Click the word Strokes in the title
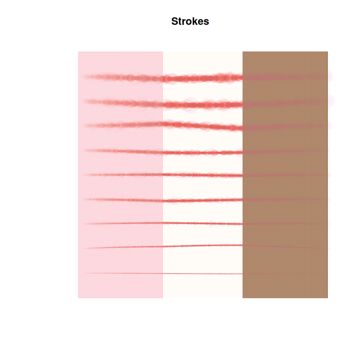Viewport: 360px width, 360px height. click(x=190, y=21)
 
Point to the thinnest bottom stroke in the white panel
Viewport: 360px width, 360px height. click(x=203, y=274)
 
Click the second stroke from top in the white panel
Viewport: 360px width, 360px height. click(x=203, y=105)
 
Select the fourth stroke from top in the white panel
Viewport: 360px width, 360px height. click(x=203, y=153)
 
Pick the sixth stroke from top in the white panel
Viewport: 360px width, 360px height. click(x=203, y=200)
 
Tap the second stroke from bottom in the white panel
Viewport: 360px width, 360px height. click(x=203, y=245)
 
